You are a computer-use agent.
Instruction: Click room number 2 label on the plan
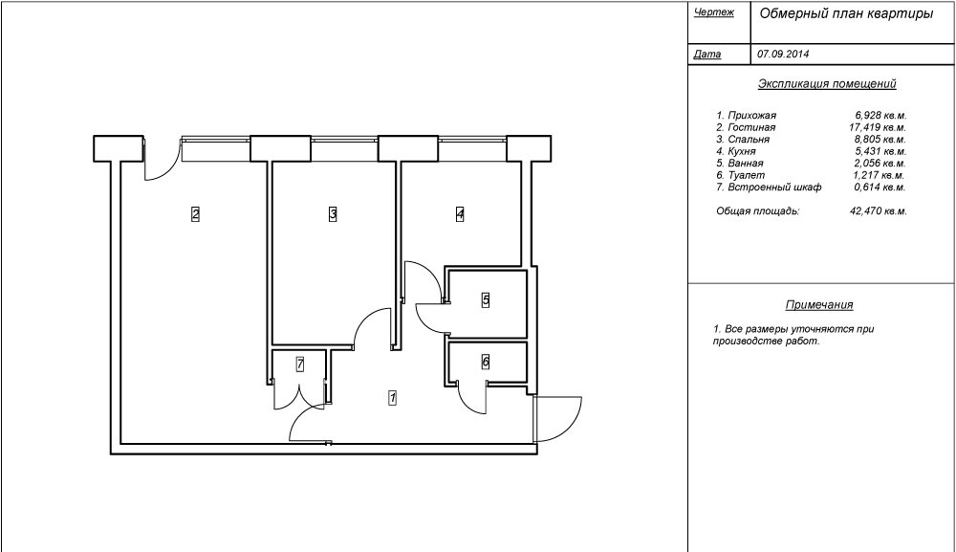tap(195, 214)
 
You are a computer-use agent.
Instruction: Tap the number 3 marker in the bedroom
tap(333, 214)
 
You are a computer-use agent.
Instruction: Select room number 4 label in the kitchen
tap(460, 214)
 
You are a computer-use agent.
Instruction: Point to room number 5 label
tap(486, 300)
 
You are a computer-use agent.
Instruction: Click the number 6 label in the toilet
tap(486, 362)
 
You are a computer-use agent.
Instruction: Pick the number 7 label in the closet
tap(300, 364)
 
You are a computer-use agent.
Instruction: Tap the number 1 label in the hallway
tap(393, 398)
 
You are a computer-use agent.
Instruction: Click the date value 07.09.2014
tap(784, 54)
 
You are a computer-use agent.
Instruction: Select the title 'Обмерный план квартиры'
tap(846, 14)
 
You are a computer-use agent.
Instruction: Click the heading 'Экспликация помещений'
tap(827, 83)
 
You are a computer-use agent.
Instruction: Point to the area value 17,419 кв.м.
tap(878, 127)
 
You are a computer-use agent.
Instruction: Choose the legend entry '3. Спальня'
tap(743, 139)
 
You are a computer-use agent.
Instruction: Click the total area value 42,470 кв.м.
tap(879, 211)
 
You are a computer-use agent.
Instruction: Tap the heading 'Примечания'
tap(819, 304)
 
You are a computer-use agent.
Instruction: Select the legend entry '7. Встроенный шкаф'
tap(769, 188)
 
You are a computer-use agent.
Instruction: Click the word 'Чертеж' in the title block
tap(714, 12)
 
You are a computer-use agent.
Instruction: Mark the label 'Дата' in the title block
tap(707, 54)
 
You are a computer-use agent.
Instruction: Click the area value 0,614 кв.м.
tap(880, 188)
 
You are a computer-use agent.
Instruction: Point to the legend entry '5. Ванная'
tap(740, 163)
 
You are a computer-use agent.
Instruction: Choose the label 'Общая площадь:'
tap(758, 211)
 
